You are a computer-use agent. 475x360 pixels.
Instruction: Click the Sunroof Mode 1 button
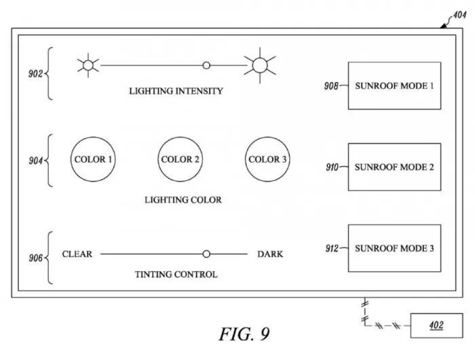point(394,86)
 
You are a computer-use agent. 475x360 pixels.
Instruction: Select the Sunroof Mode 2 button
point(394,167)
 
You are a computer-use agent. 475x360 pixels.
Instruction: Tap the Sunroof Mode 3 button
point(394,248)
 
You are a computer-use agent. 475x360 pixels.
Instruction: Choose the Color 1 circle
point(94,160)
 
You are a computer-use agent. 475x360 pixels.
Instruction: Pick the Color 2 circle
point(180,160)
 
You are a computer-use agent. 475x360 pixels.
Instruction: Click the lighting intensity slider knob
point(206,66)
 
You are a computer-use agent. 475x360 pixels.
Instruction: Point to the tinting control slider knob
point(206,254)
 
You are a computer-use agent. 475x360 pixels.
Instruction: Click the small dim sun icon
point(88,66)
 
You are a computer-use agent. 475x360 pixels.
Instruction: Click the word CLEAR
point(77,254)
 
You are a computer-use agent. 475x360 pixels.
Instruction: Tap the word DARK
point(270,254)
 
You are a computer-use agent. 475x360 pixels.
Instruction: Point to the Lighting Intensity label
point(176,91)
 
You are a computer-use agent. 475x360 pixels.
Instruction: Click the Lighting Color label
point(183,200)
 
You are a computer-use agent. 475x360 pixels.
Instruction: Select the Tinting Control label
point(176,275)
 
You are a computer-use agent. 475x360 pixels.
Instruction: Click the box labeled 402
point(436,326)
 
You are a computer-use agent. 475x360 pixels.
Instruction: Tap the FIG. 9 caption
point(244,334)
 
